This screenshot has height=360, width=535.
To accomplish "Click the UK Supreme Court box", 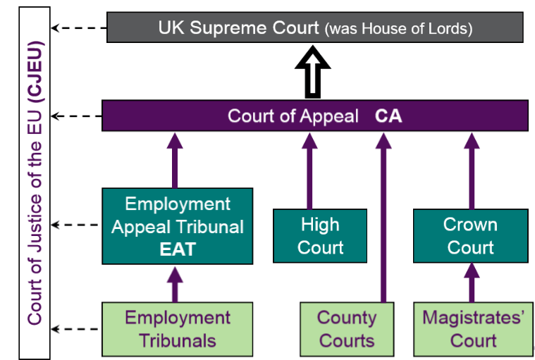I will pos(314,28).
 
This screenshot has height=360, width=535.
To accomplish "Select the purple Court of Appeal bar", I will pos(314,116).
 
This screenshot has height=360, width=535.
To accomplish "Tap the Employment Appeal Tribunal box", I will pos(177,226).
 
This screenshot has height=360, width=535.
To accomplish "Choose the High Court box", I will pos(320,236).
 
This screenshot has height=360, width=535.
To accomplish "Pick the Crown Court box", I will pos(470,236).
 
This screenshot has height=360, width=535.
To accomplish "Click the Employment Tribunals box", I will pos(177,329).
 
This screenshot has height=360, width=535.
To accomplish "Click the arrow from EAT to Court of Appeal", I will pos(175,161).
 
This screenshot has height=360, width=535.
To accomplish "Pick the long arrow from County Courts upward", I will pos(383,211).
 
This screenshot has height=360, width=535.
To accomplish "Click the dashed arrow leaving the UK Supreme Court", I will pos(78,29).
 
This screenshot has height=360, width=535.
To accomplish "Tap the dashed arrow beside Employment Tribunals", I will pos(78,328).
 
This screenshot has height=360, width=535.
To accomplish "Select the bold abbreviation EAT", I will pos(177,249).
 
